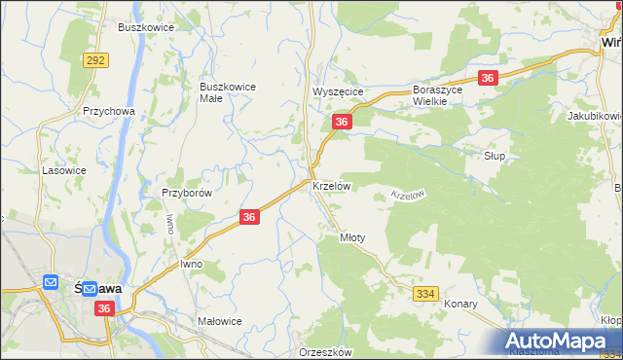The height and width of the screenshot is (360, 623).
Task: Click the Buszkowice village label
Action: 145,27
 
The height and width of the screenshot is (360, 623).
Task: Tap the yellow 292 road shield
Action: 95,60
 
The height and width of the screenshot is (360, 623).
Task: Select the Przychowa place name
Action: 108,111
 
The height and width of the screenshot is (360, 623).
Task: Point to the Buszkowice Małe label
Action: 227,91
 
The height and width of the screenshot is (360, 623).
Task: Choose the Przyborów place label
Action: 187,193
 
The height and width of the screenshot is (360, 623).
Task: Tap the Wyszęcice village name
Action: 337,91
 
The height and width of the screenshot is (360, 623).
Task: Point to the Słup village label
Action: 495,156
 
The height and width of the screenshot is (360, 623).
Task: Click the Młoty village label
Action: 351,236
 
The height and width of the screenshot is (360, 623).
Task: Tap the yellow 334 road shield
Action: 425,293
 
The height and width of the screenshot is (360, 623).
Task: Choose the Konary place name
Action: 460,304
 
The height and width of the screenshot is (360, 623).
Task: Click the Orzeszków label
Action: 326,352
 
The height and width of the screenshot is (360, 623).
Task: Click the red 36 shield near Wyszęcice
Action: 341,122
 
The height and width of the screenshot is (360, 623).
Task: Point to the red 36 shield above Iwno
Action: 249,218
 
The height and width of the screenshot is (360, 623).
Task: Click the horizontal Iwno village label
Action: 191,264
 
